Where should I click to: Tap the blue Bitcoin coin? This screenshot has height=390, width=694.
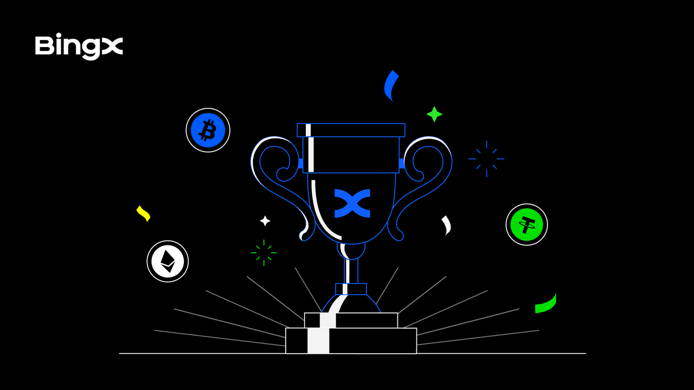208,130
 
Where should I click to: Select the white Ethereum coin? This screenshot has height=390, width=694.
168,261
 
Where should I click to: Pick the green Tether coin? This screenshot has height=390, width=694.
526,224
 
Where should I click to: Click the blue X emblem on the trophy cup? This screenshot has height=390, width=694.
352,203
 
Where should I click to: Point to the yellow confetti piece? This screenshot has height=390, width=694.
143,213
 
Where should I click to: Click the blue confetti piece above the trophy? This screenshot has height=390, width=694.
390,86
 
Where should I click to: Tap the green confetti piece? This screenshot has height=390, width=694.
547,304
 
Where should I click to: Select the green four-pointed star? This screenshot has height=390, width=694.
434,114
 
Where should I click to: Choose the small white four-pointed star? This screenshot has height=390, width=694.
265,220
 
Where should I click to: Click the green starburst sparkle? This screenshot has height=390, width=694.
264,252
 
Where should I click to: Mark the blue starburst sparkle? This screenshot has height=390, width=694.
486,159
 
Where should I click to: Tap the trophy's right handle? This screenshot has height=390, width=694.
428,179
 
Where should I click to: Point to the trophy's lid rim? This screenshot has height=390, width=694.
351,130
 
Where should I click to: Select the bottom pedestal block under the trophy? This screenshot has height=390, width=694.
351,341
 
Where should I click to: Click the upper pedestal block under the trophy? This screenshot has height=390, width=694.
351,320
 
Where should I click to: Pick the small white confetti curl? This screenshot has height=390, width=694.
447,225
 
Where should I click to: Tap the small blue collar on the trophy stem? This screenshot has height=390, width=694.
351,289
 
